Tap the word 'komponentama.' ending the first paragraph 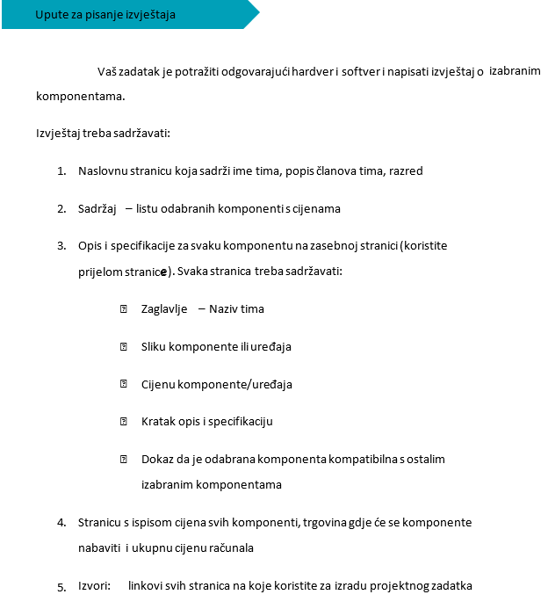pos(75,96)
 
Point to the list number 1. pos(61,171)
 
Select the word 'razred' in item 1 pos(406,171)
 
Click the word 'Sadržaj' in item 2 pos(97,209)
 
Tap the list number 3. pos(61,246)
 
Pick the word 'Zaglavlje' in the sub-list pos(164,309)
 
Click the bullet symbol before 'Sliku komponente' pos(124,347)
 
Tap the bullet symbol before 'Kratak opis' pos(124,422)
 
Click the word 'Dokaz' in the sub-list pos(157,460)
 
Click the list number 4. pos(61,523)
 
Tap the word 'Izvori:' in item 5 pos(94,586)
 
